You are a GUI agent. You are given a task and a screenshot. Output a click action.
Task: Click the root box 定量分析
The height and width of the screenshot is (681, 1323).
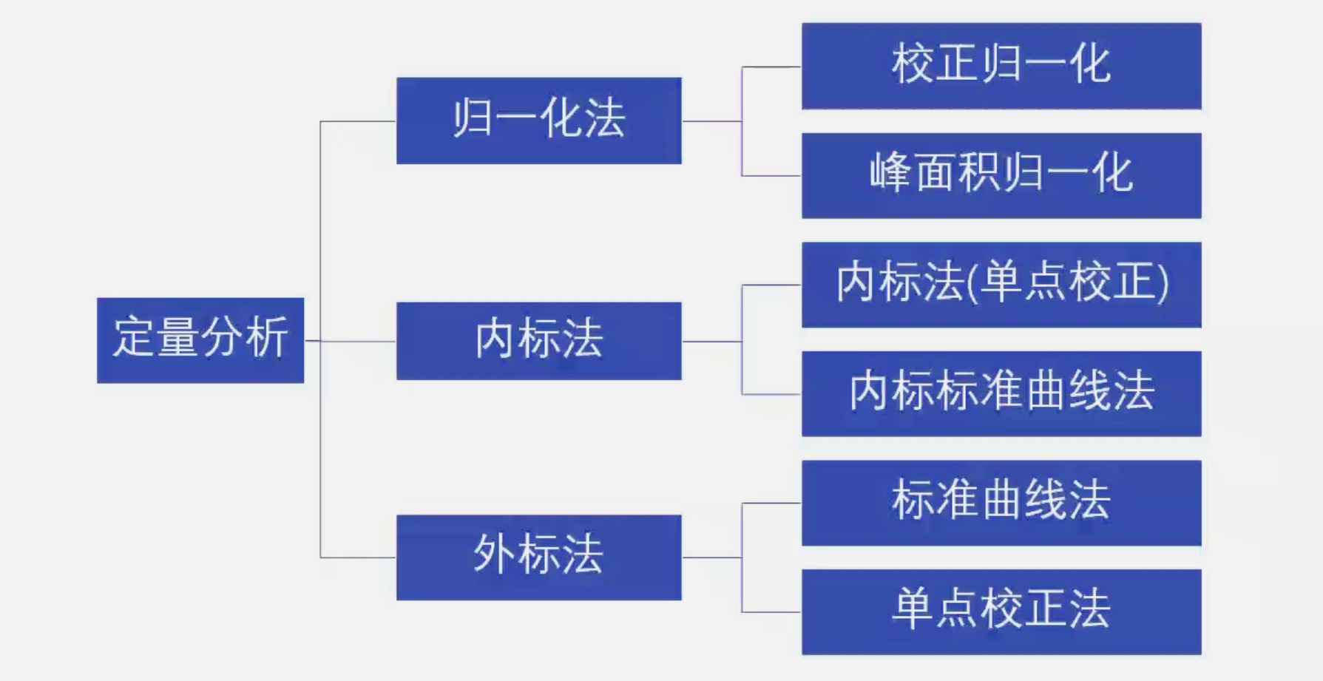point(200,340)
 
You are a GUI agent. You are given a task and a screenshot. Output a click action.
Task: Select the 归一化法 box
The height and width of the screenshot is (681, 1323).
point(538,121)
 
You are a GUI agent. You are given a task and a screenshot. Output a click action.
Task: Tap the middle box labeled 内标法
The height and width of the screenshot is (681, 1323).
point(538,341)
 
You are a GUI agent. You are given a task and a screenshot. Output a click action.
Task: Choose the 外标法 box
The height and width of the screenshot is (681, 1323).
point(538,557)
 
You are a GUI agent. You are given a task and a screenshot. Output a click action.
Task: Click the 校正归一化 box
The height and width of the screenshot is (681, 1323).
point(1001,66)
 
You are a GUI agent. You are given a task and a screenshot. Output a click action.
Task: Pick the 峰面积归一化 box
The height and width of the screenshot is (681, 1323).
point(1001,175)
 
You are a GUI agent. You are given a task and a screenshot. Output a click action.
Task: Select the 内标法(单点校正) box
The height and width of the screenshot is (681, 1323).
point(1001,285)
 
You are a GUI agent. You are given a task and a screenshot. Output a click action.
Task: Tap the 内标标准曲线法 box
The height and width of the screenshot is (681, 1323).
point(1001,393)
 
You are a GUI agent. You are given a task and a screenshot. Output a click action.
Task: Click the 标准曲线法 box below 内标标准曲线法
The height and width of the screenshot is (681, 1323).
point(1001,503)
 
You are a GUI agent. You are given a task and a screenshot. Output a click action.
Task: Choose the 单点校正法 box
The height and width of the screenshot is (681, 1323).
point(1001,611)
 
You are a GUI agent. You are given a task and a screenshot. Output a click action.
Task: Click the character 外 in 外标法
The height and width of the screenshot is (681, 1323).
point(494,555)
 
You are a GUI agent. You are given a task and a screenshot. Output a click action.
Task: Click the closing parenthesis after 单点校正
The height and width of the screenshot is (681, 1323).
point(1163,283)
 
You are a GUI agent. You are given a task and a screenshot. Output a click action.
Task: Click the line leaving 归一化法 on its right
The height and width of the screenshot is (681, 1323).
point(711,121)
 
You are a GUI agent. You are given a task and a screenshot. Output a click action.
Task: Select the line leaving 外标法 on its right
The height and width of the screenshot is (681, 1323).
point(711,558)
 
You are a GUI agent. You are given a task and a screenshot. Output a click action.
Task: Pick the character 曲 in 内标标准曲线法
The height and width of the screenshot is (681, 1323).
point(1045,391)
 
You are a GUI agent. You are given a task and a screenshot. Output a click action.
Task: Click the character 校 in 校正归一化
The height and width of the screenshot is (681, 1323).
point(913,64)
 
